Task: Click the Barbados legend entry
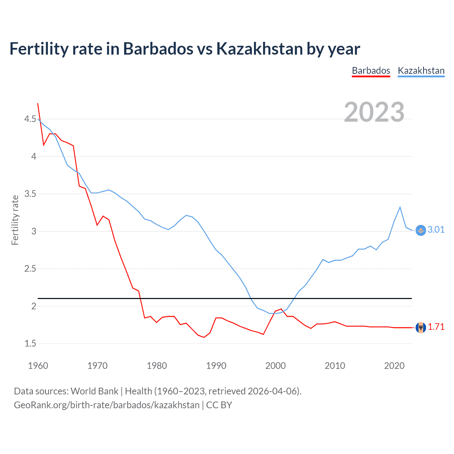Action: [371, 71]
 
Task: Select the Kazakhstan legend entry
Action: [421, 71]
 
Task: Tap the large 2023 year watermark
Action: [374, 112]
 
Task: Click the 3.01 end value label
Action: [436, 229]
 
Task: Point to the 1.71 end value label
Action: [436, 327]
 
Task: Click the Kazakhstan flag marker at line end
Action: [421, 230]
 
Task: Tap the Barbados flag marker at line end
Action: [421, 327]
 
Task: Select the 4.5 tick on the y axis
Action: [30, 119]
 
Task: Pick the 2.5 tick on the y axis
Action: [30, 269]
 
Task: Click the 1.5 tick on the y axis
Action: [30, 344]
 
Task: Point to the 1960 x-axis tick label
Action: [38, 366]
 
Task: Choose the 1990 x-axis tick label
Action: [216, 366]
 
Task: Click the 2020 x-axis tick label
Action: [394, 366]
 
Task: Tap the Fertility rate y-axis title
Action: [15, 220]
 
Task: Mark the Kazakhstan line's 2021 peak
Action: [400, 207]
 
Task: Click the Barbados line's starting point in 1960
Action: [38, 103]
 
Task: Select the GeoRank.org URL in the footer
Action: [106, 405]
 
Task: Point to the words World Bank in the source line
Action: [94, 391]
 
